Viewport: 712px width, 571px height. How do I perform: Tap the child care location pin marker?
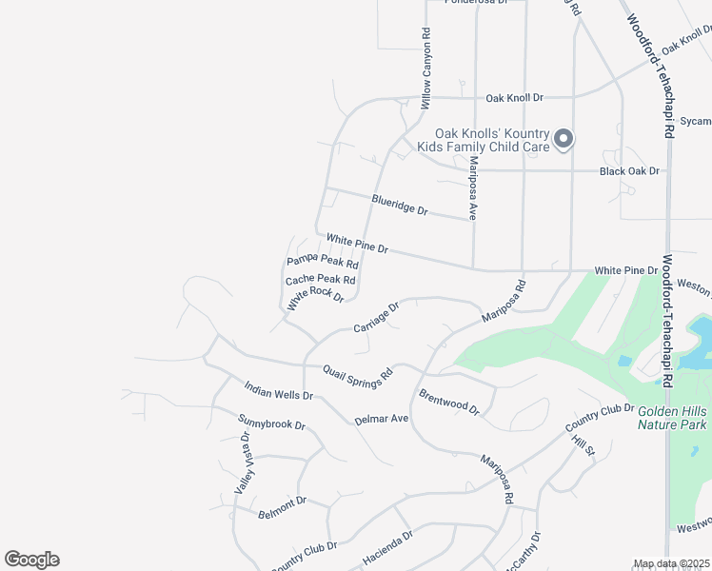tap(564, 139)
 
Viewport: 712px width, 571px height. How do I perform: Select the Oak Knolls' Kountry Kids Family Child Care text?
tap(492, 141)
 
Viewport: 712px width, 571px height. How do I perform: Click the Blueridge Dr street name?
tap(400, 204)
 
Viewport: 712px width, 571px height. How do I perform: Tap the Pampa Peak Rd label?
tap(322, 261)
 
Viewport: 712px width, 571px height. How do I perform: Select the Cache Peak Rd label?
tap(320, 280)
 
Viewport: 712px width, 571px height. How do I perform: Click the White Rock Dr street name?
tap(315, 298)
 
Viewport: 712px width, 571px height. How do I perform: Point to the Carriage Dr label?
tap(375, 318)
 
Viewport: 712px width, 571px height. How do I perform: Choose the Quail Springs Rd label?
tap(358, 376)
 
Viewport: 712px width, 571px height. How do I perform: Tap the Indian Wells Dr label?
tap(278, 390)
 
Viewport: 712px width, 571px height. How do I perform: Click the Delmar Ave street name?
tap(381, 419)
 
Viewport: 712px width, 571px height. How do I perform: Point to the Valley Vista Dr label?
tap(242, 463)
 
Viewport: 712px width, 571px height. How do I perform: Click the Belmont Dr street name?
tap(282, 507)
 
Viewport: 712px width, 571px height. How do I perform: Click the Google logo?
tap(31, 560)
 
